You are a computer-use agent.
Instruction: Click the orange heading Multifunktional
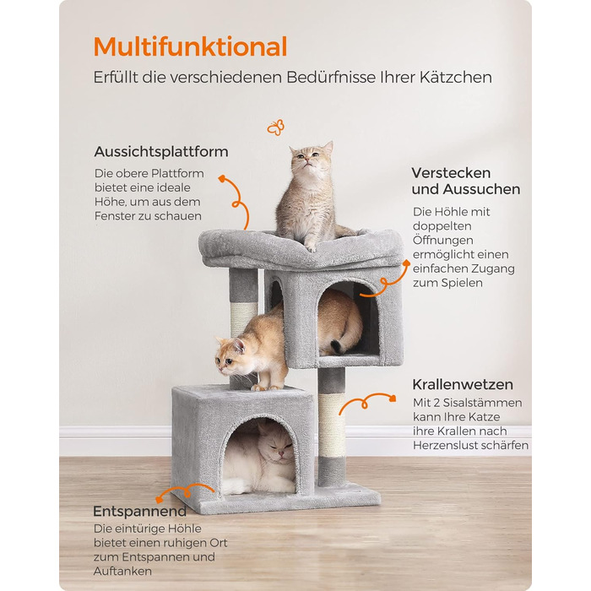click(x=190, y=46)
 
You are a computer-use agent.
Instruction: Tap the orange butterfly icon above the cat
click(x=275, y=127)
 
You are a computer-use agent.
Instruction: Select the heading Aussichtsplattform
click(x=161, y=151)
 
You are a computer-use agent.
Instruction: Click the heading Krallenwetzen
click(x=463, y=384)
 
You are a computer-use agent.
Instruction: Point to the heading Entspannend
click(x=140, y=512)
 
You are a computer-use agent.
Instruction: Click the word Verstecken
click(x=451, y=173)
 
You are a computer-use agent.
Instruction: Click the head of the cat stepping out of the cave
click(x=230, y=355)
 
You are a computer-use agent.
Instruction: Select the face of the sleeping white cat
click(x=278, y=447)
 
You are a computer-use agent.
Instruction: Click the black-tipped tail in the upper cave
click(x=337, y=345)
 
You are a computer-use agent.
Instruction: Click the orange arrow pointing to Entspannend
click(x=184, y=492)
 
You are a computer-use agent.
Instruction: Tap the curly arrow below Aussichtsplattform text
click(x=236, y=202)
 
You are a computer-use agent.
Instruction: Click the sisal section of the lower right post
click(x=332, y=426)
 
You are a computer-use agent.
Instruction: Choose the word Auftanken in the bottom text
click(x=123, y=571)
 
